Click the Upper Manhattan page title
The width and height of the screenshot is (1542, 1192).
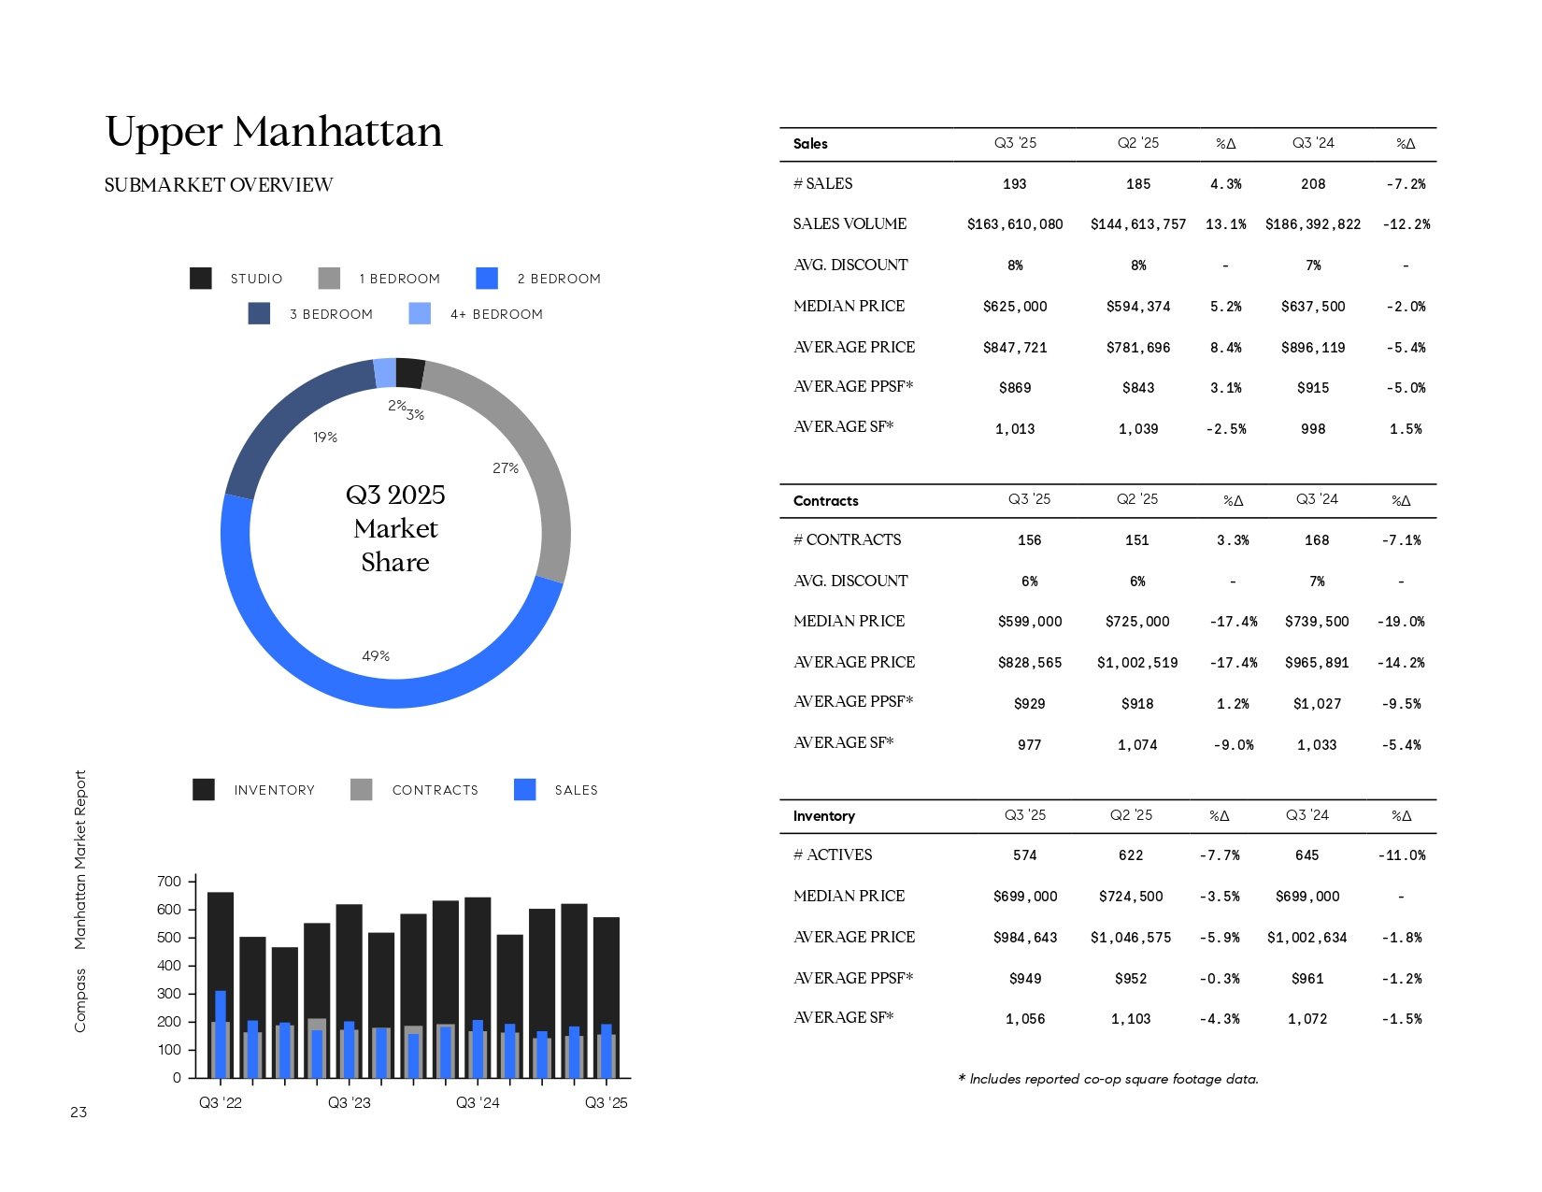pyautogui.click(x=274, y=132)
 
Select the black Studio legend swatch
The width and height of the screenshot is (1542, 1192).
pyautogui.click(x=200, y=278)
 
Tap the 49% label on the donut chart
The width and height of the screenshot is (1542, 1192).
pyautogui.click(x=376, y=656)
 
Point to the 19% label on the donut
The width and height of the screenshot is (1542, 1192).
pyautogui.click(x=325, y=438)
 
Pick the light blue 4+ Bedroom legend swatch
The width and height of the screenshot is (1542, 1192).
pyautogui.click(x=420, y=313)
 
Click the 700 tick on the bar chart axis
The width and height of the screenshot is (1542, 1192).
pyautogui.click(x=169, y=882)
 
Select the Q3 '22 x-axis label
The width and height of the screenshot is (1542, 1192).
pyautogui.click(x=221, y=1103)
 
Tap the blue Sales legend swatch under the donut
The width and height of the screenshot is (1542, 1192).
pyautogui.click(x=525, y=790)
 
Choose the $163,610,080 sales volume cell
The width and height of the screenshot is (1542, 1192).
pyautogui.click(x=1015, y=224)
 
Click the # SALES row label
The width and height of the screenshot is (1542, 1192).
pyautogui.click(x=822, y=184)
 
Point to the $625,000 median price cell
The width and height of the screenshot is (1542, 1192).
pyautogui.click(x=1015, y=307)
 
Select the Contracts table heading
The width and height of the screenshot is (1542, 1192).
pyautogui.click(x=825, y=501)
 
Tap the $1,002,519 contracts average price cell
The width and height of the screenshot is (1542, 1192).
pyautogui.click(x=1137, y=663)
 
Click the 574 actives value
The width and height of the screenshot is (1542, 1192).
pyautogui.click(x=1025, y=855)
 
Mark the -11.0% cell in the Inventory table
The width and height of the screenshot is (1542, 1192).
pyautogui.click(x=1401, y=855)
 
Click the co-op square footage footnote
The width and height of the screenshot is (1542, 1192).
pyautogui.click(x=1108, y=1079)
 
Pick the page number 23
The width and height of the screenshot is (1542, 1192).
pyautogui.click(x=79, y=1113)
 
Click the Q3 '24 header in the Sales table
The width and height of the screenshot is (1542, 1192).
pyautogui.click(x=1313, y=143)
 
